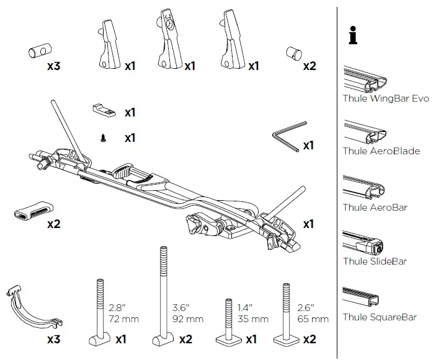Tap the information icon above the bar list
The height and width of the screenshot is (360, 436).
(354, 37)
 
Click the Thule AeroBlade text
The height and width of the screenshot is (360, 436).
(381, 151)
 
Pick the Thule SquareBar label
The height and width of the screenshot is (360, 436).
(379, 317)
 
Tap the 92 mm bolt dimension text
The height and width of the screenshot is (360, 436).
(187, 320)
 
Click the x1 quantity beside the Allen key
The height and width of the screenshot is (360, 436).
(308, 146)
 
